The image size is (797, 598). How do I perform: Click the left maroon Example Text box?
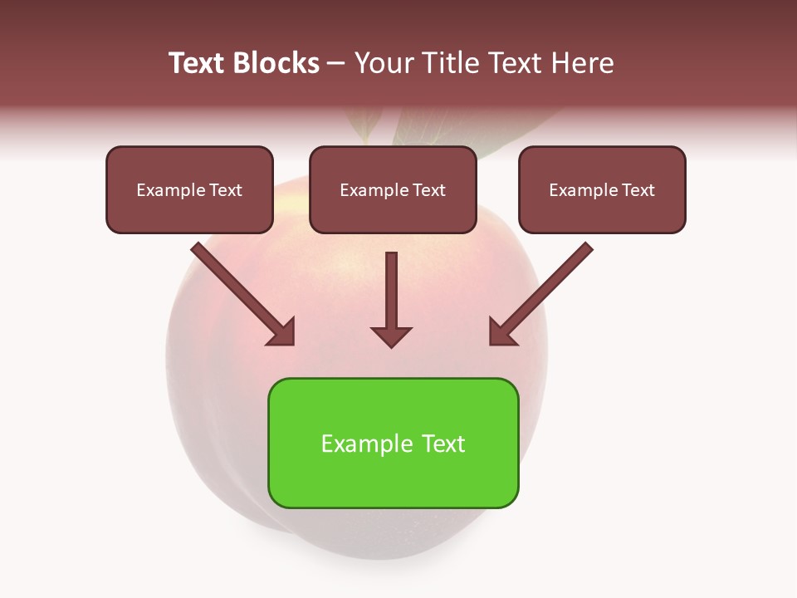click(x=189, y=190)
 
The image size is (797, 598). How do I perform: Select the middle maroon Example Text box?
click(x=393, y=190)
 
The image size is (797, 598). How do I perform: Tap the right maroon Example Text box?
click(x=602, y=190)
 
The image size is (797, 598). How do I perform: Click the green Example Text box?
click(x=393, y=444)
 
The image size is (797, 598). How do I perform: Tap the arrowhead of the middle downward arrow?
click(x=391, y=336)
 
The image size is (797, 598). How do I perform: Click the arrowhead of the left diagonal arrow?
click(x=282, y=331)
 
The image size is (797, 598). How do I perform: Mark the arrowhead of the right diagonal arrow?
click(x=502, y=331)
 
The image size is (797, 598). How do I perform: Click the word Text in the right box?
click(x=638, y=190)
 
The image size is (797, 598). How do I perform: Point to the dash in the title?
click(x=336, y=63)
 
